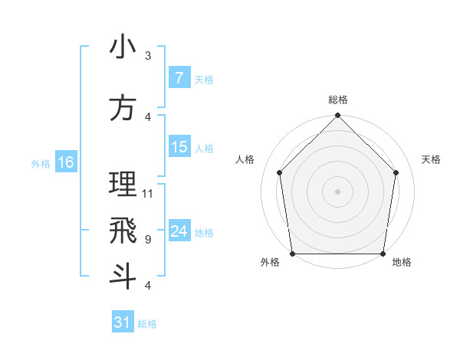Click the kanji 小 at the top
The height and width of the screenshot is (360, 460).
click(123, 47)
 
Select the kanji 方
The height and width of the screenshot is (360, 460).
click(123, 109)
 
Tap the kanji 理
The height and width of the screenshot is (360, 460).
click(123, 185)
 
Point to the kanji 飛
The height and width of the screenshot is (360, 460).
click(123, 231)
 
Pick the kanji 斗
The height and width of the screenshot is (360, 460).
click(123, 276)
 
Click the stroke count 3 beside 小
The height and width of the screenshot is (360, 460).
click(148, 56)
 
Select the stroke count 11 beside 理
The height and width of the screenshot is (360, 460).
click(148, 194)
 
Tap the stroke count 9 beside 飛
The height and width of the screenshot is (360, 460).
click(148, 240)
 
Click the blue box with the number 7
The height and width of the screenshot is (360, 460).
click(179, 77)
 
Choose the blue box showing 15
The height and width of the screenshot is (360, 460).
click(179, 147)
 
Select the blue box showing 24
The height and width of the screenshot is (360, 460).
click(179, 231)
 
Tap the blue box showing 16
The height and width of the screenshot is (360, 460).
click(65, 162)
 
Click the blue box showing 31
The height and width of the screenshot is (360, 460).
click(123, 322)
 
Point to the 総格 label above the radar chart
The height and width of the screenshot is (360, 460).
click(338, 100)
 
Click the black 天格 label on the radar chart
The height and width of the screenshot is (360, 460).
click(432, 159)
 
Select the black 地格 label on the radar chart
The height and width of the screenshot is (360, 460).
click(402, 263)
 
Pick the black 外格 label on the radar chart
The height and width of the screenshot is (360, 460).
click(270, 263)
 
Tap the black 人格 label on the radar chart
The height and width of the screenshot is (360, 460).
click(245, 159)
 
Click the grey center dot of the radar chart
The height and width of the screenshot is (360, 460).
click(338, 191)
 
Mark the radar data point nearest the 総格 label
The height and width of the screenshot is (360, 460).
click(338, 116)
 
